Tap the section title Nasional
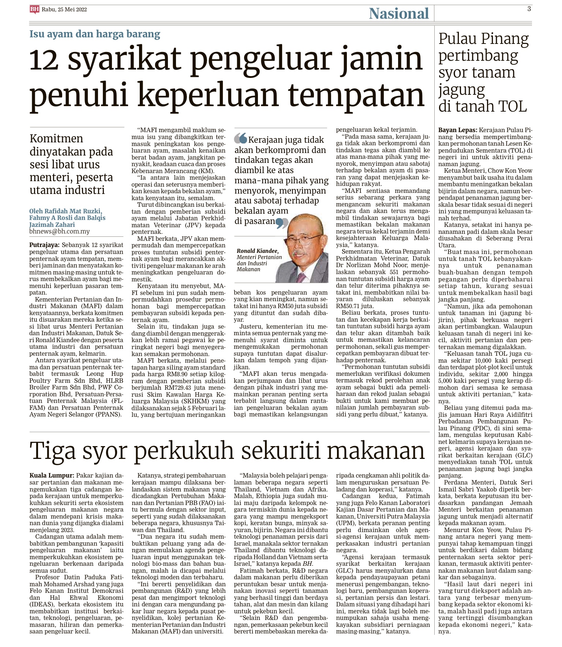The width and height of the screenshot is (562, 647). coord(398,14)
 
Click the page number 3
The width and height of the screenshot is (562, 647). coord(529,9)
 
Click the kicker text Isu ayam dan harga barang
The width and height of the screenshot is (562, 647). coord(95,34)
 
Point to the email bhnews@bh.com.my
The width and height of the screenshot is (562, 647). coord(59,231)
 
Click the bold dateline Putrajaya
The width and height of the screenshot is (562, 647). coord(44,245)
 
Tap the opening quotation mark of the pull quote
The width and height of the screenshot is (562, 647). coord(240,138)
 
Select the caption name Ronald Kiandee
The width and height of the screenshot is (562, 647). coord(258,251)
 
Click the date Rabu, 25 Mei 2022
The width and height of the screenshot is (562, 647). coord(64,10)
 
